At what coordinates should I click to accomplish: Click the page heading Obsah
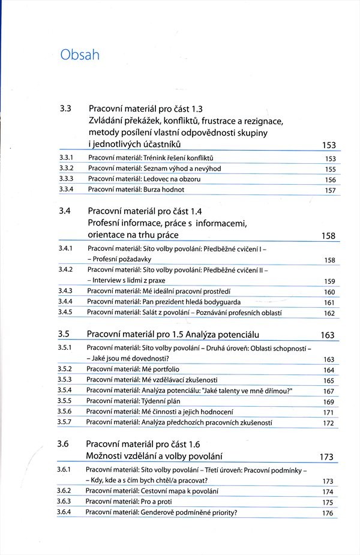80,55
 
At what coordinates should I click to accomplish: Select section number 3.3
66,109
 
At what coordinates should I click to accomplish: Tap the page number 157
330,190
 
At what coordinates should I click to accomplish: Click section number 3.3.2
67,168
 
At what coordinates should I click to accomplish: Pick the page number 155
330,170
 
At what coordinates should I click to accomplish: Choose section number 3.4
66,211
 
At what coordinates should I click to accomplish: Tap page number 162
329,313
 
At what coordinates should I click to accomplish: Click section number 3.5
65,334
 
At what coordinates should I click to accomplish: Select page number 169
329,402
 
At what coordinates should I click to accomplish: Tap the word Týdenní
148,401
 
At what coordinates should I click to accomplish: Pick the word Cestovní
150,491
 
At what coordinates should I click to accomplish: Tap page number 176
328,513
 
